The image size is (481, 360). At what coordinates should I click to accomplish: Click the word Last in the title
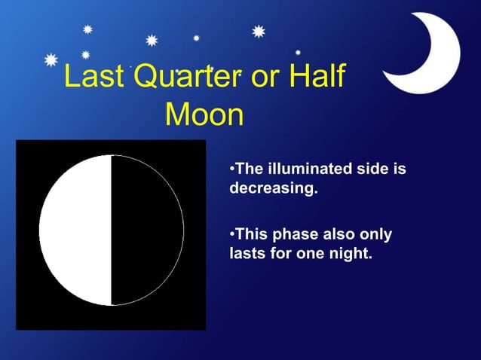[x=91, y=78]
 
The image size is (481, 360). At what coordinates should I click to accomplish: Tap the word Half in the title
[x=317, y=78]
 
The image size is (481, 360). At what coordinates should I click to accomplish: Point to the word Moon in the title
[x=204, y=115]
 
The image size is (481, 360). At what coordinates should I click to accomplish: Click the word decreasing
[x=273, y=188]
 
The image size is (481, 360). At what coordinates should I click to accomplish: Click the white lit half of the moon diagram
[x=75, y=230]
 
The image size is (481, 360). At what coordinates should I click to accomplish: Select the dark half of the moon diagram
[x=147, y=230]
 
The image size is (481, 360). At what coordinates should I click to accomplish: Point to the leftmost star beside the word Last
[x=51, y=59]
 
